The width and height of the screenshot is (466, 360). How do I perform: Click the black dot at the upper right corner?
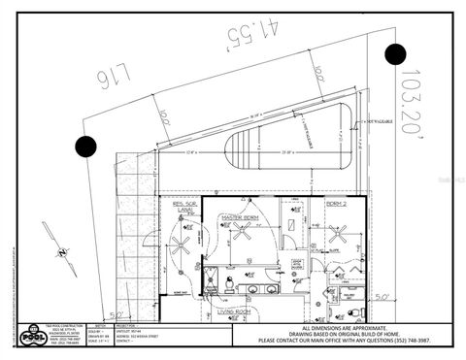point(394,54)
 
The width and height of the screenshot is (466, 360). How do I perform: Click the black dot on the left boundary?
point(86,147)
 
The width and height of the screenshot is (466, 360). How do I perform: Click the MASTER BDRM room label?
point(238,216)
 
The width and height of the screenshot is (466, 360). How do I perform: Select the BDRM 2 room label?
point(336,206)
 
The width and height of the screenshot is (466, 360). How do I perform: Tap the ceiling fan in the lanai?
point(180,245)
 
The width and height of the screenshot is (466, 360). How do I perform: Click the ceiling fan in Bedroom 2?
point(338,234)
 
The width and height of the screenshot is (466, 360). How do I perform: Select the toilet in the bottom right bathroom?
point(356,311)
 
